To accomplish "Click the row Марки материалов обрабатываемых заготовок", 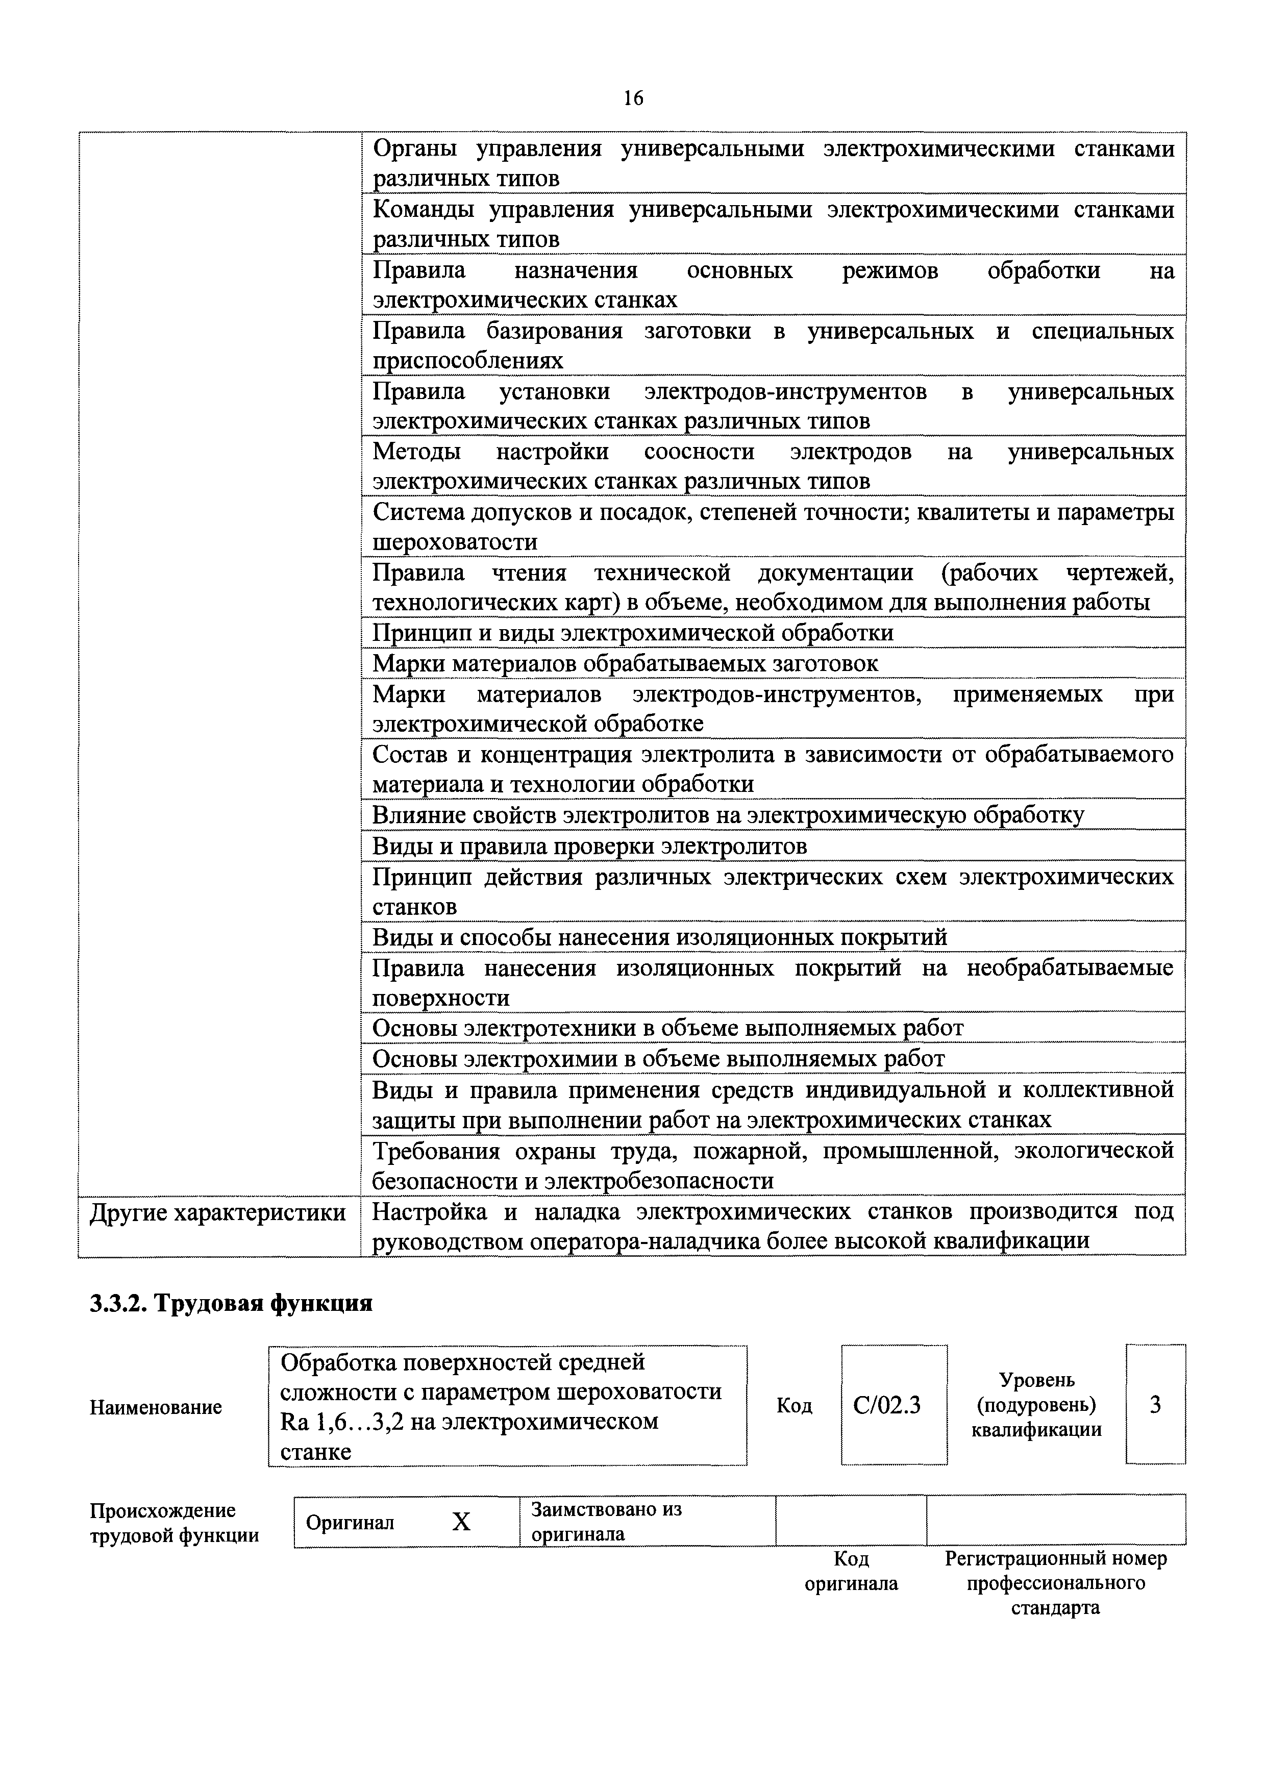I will (625, 663).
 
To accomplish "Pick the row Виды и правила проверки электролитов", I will (589, 846).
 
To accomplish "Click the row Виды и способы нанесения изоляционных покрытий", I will (659, 937).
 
